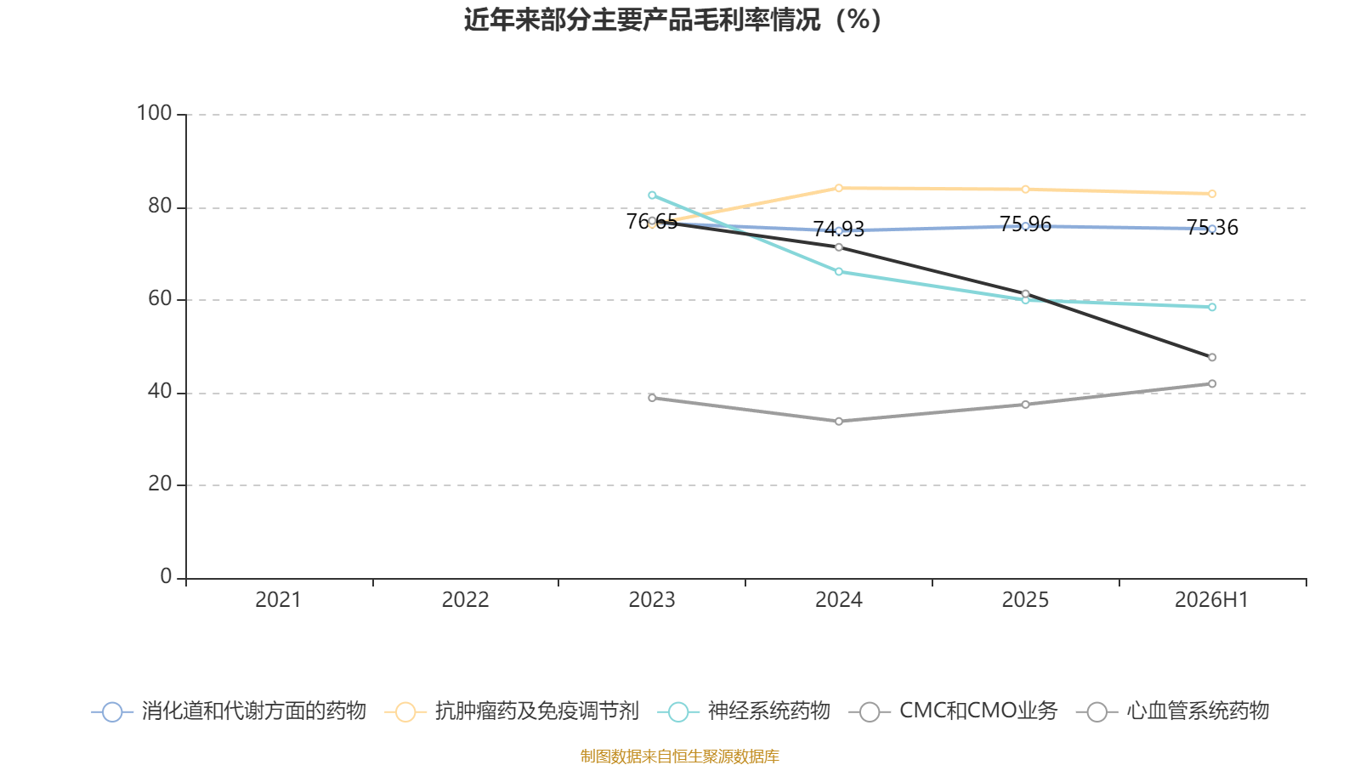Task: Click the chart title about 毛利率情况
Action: pos(672,20)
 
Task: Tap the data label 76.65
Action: pos(651,222)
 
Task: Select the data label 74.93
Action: pos(838,229)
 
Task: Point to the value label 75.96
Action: pos(1025,224)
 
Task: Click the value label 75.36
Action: pos(1212,227)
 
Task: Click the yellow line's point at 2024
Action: pos(838,188)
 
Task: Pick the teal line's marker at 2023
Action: pos(652,195)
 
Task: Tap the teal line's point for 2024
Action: pos(838,271)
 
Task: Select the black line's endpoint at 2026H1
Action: pos(1212,358)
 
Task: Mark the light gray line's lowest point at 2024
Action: pos(838,422)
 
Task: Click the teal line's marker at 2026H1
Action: pos(1212,307)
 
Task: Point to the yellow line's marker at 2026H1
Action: pos(1212,195)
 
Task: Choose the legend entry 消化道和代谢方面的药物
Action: pos(229,711)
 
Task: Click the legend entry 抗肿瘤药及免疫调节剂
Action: pos(512,711)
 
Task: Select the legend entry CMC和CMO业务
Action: pos(953,711)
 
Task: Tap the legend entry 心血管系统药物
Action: pos(1172,711)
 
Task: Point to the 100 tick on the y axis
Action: pos(154,114)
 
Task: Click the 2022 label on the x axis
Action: pos(465,600)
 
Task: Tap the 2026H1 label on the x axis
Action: pos(1211,600)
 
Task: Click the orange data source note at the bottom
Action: pos(679,756)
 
